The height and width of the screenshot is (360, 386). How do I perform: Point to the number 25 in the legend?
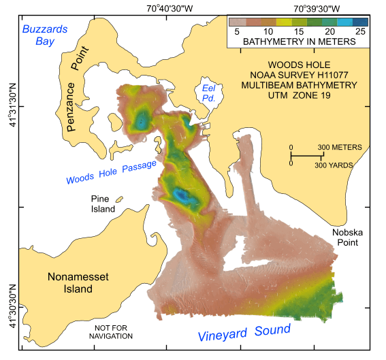coord(359,32)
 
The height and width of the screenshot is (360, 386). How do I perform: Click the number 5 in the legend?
coord(238,32)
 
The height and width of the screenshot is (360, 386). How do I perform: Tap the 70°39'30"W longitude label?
coord(326,9)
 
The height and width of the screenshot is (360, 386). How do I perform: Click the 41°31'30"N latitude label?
coord(10,106)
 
